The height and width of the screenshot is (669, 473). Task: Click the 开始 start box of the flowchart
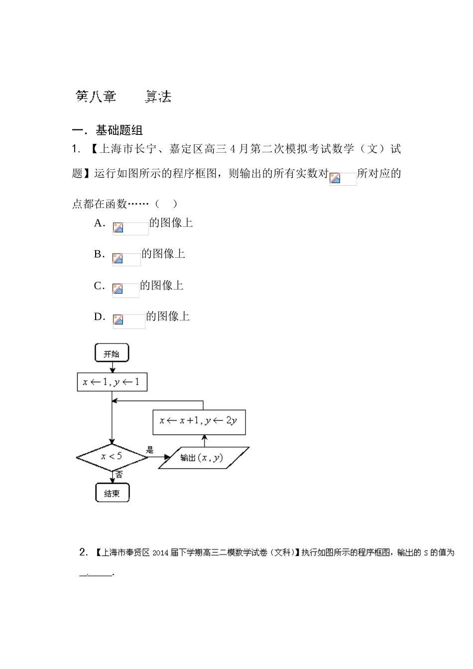pos(112,353)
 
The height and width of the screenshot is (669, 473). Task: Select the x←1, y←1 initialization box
pos(112,382)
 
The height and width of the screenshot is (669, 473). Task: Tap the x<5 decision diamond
pos(112,456)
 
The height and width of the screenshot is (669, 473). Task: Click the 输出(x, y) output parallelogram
pos(203,457)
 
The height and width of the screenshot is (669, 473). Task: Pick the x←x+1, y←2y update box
pos(199,421)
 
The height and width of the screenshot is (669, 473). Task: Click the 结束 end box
pos(112,493)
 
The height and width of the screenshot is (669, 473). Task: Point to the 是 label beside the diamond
pos(150,450)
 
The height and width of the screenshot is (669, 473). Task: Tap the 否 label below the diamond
pos(119,475)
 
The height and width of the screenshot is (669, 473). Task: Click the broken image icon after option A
pos(118,228)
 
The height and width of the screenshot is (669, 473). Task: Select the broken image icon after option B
pos(118,259)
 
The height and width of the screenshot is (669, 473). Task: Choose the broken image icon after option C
pos(118,289)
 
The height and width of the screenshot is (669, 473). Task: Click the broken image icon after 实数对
pos(335,178)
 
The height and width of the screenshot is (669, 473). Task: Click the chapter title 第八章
pos(96,97)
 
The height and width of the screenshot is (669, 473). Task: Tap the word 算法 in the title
pos(158,97)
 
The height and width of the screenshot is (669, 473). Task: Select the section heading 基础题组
pos(119,131)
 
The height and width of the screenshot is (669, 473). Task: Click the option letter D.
pos(99,317)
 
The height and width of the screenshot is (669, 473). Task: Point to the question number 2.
pos(83,552)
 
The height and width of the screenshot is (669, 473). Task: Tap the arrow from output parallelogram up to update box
pos(204,440)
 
